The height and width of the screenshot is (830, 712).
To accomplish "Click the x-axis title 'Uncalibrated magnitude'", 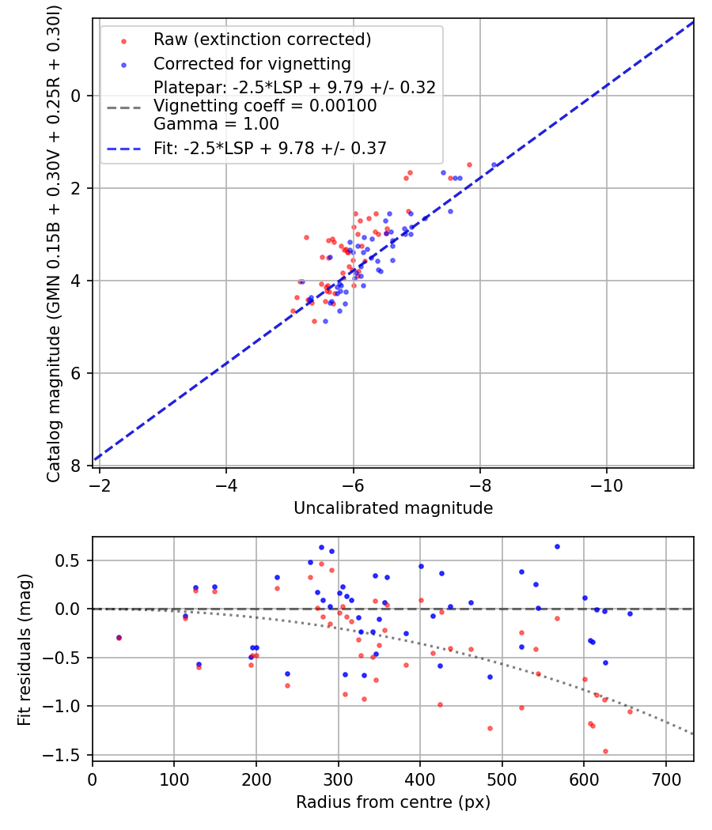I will [x=393, y=508].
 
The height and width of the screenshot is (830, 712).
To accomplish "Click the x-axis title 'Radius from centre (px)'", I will [x=393, y=802].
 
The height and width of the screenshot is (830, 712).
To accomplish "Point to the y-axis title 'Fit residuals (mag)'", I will [x=25, y=648].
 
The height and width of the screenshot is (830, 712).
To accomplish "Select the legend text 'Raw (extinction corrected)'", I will [x=263, y=40].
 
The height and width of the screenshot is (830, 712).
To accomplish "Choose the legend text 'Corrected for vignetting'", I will [x=252, y=63].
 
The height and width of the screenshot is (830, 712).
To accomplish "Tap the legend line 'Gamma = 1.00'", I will [x=216, y=123].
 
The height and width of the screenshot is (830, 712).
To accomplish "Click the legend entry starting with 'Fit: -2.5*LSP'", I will [x=270, y=147].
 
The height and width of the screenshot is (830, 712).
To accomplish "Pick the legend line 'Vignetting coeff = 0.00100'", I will [x=265, y=105].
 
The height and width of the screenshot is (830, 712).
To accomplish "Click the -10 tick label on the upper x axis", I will [x=607, y=484].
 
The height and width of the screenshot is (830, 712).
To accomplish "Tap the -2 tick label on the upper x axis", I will [x=100, y=484].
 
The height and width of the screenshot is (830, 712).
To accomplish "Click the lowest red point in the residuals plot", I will [x=605, y=751].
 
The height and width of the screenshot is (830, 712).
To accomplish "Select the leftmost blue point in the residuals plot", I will [x=119, y=637].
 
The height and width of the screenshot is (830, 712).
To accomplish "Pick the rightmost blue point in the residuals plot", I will [x=630, y=613].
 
